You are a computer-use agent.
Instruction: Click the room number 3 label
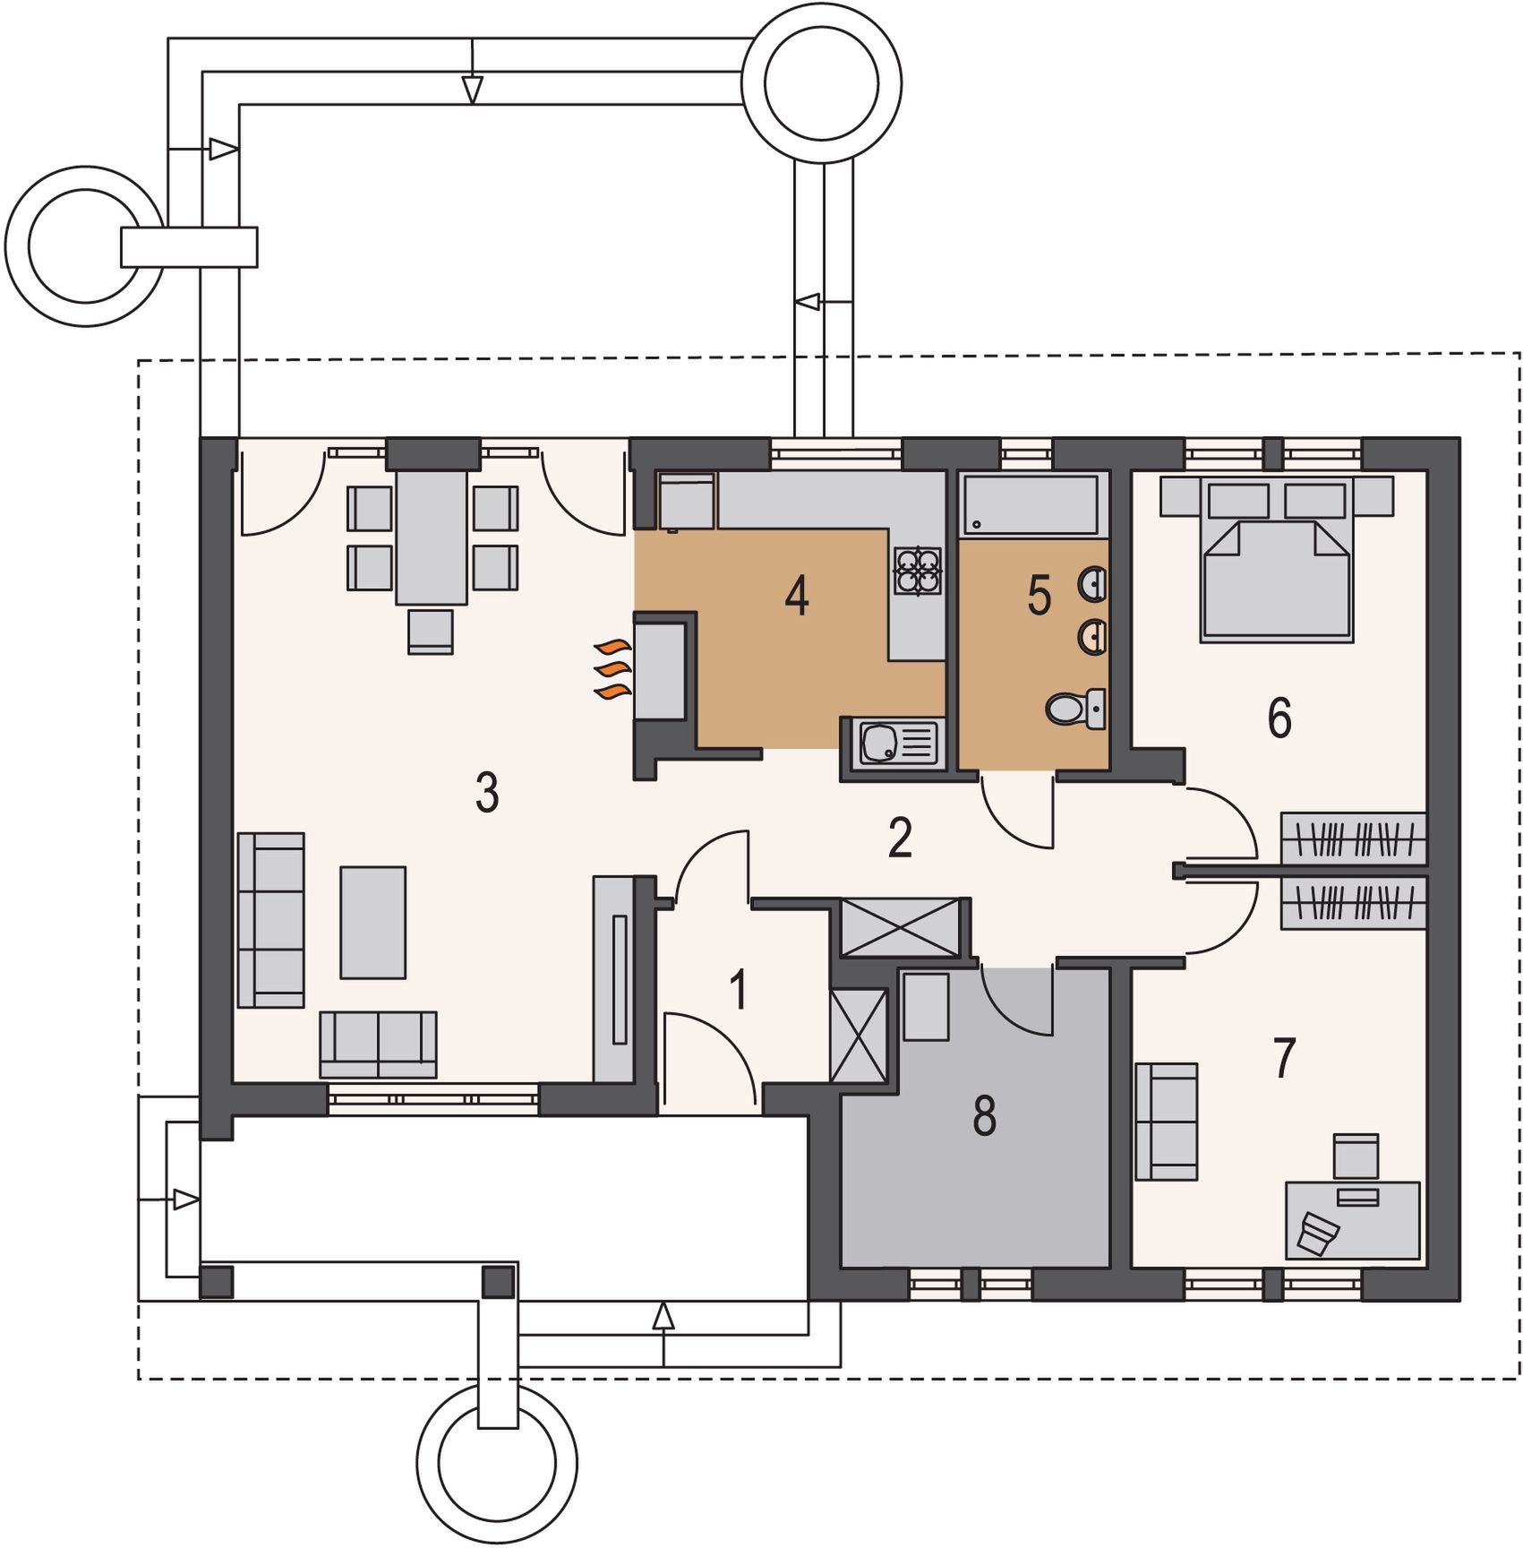(487, 792)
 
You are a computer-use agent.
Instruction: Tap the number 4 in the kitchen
(797, 596)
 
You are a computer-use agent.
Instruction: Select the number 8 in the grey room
(984, 1116)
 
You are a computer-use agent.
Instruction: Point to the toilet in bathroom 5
(1075, 708)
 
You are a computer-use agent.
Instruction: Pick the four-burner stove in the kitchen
(918, 571)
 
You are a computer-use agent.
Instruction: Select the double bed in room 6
(1276, 561)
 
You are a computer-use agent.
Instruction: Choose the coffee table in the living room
(372, 922)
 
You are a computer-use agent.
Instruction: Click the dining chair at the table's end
(430, 632)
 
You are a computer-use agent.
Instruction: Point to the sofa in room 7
(1167, 1121)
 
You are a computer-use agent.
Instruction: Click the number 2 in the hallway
(900, 837)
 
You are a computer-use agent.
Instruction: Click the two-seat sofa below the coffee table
(378, 1045)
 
